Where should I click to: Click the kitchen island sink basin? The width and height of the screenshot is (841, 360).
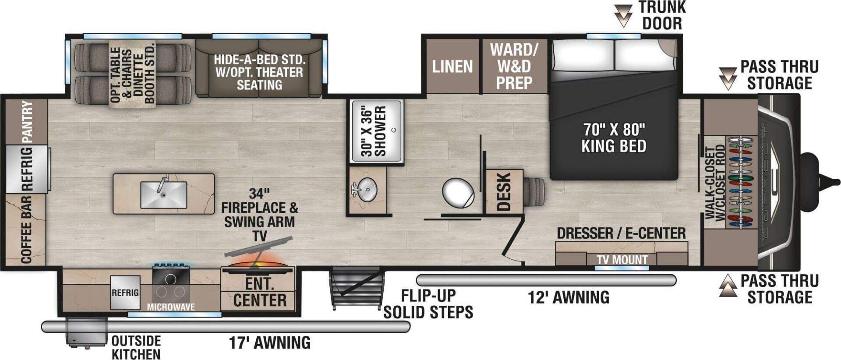[x=163, y=195]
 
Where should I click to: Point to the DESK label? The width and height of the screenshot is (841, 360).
[x=504, y=192]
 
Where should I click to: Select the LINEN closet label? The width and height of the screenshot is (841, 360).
[x=452, y=67]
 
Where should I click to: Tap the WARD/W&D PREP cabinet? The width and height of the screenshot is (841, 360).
[x=514, y=66]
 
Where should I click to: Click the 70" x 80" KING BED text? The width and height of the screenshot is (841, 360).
[x=614, y=138]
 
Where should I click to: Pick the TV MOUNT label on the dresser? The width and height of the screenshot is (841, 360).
[x=622, y=260]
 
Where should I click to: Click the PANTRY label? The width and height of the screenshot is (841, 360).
[x=27, y=122]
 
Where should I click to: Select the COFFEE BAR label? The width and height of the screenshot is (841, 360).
[x=26, y=230]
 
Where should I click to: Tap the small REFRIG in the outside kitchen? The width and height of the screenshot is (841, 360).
[x=125, y=293]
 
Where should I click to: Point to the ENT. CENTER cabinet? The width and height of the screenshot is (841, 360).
[x=260, y=292]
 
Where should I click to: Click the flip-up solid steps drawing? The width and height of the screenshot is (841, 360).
[x=355, y=288]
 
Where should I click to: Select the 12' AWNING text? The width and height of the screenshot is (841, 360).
[x=569, y=298]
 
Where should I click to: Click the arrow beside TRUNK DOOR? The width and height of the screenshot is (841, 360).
[x=623, y=16]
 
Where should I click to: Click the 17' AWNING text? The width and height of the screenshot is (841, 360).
[x=270, y=342]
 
